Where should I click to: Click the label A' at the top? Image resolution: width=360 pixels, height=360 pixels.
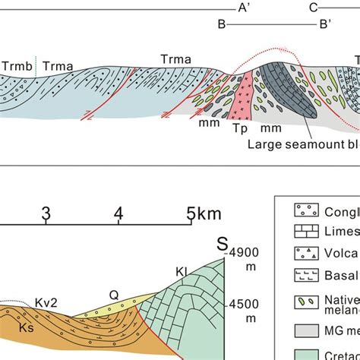click(244, 8)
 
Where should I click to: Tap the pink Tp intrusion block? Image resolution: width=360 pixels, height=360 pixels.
click(244, 99)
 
